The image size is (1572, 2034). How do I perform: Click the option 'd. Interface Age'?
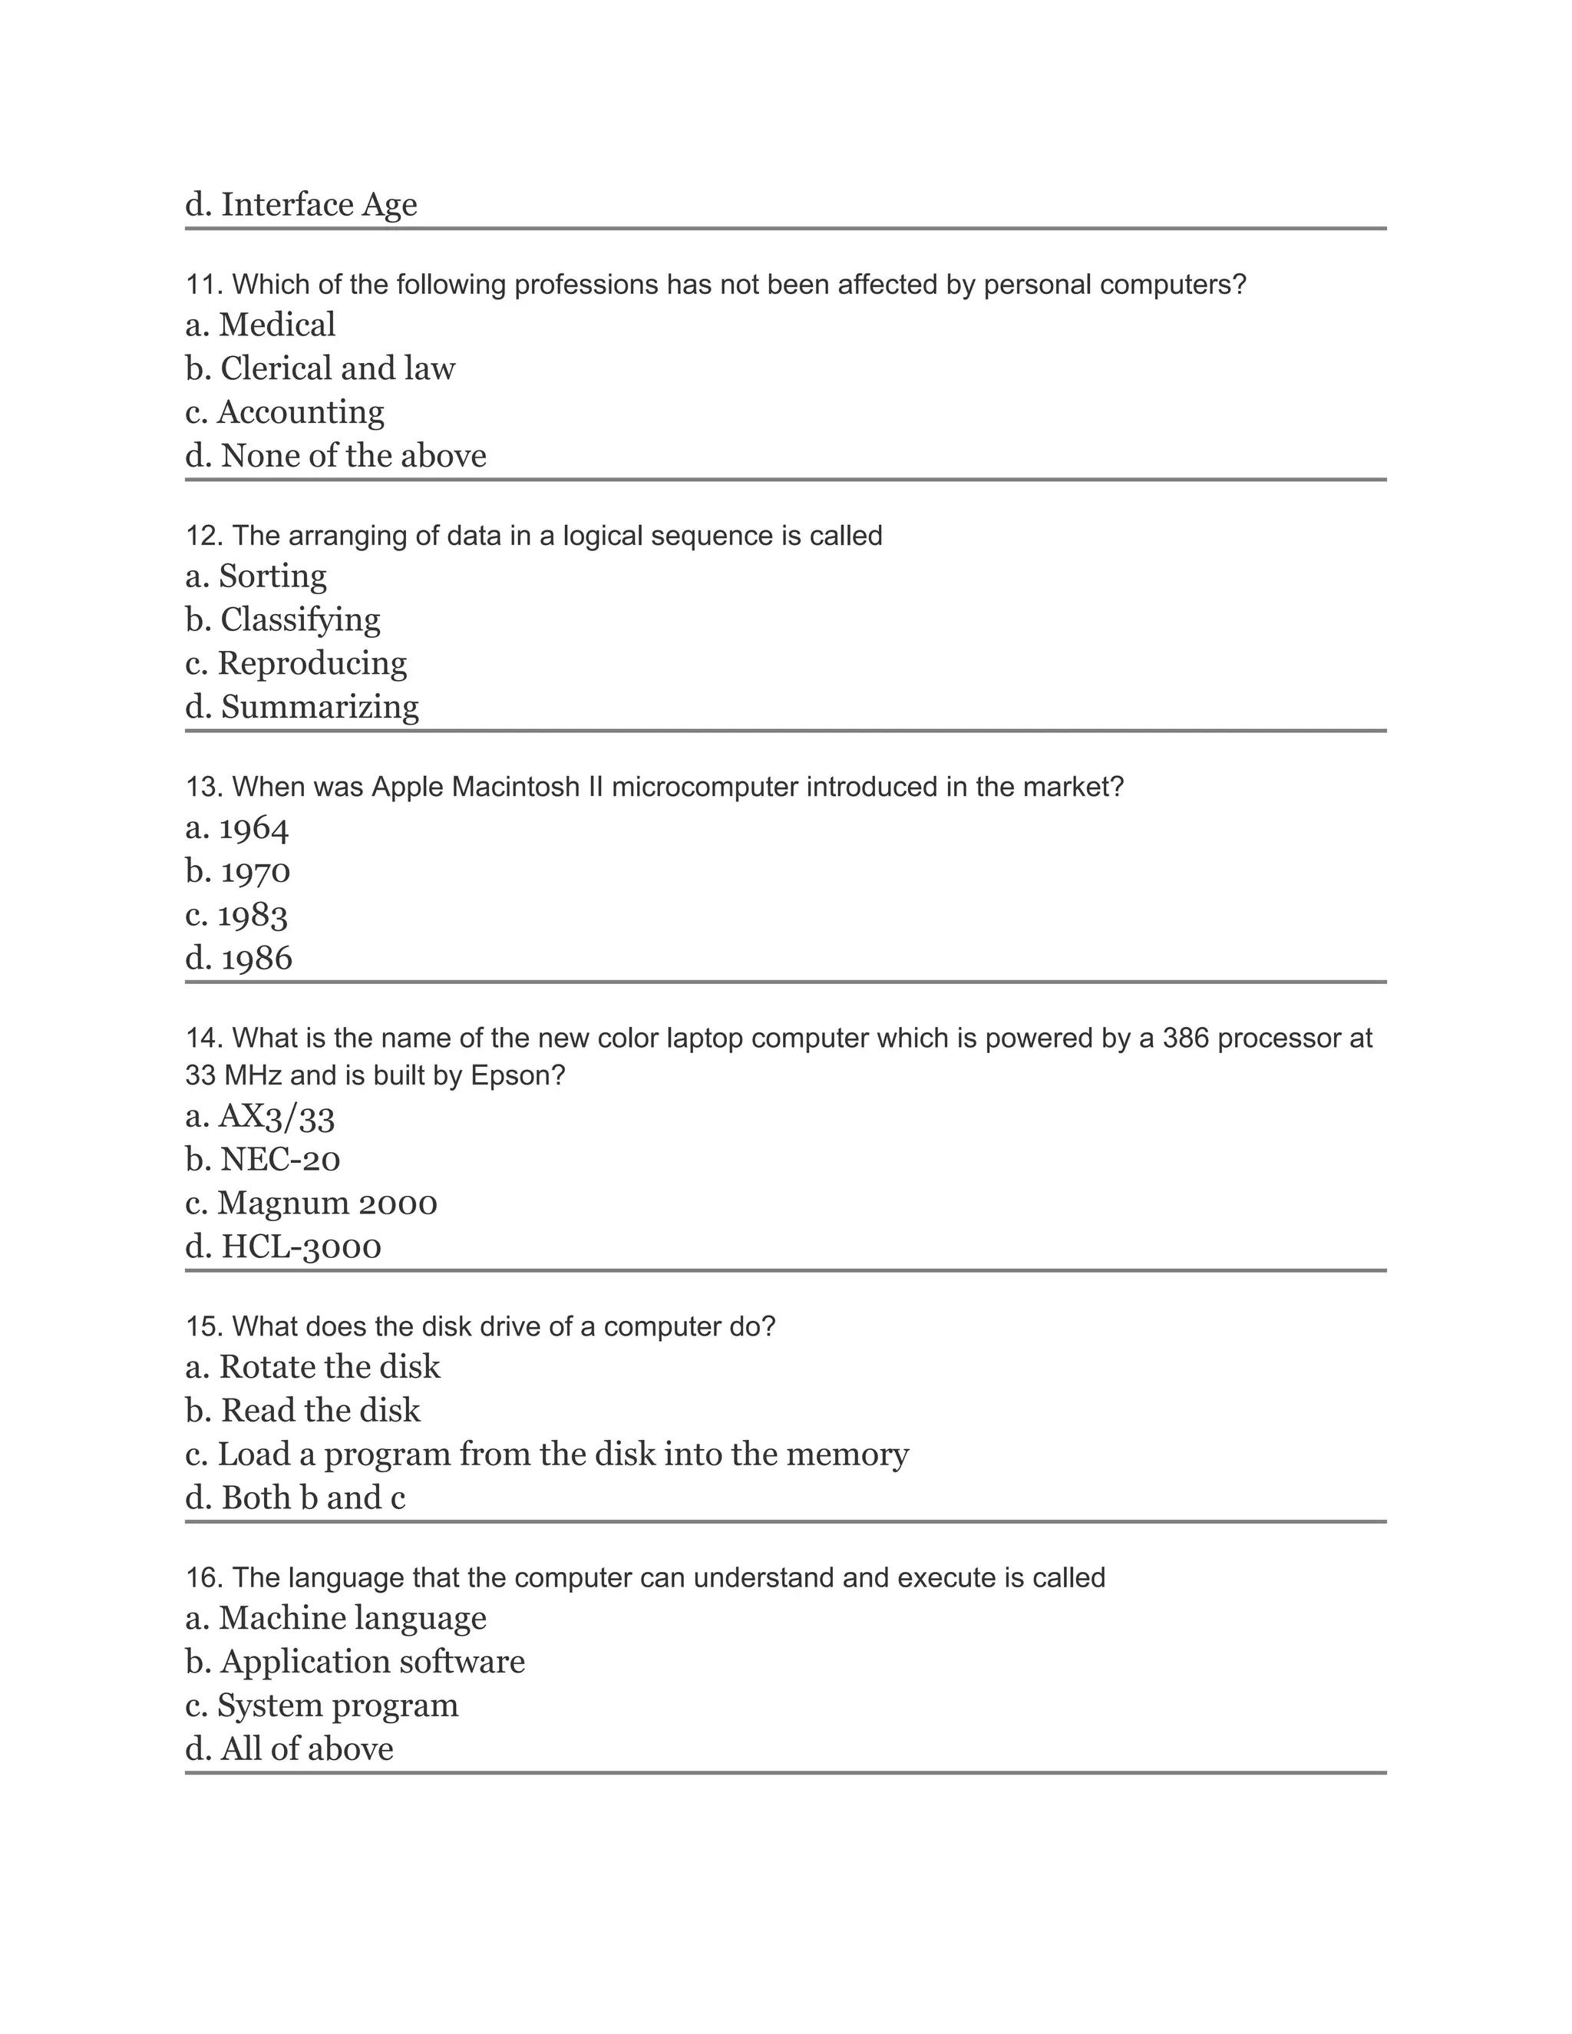point(301,205)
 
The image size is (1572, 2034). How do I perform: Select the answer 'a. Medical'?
point(260,325)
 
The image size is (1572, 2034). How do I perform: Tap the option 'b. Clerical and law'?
point(319,368)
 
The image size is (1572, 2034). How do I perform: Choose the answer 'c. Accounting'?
point(284,413)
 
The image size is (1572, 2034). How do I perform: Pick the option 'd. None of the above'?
point(335,457)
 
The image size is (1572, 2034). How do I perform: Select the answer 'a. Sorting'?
point(256,576)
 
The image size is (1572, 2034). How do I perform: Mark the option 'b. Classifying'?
point(282,620)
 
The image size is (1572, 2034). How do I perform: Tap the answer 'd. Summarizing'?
point(302,707)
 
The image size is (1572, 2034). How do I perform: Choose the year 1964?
point(237,828)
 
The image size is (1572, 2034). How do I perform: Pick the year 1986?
point(239,959)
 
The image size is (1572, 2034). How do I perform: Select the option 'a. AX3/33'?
point(260,1117)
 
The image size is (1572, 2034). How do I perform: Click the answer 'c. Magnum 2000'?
point(311,1204)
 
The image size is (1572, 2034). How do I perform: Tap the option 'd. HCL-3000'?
point(283,1247)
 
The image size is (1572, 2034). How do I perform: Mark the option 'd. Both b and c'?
point(296,1497)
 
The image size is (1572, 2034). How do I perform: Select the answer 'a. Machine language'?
point(335,1619)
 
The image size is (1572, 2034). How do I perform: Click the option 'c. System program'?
point(322,1705)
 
